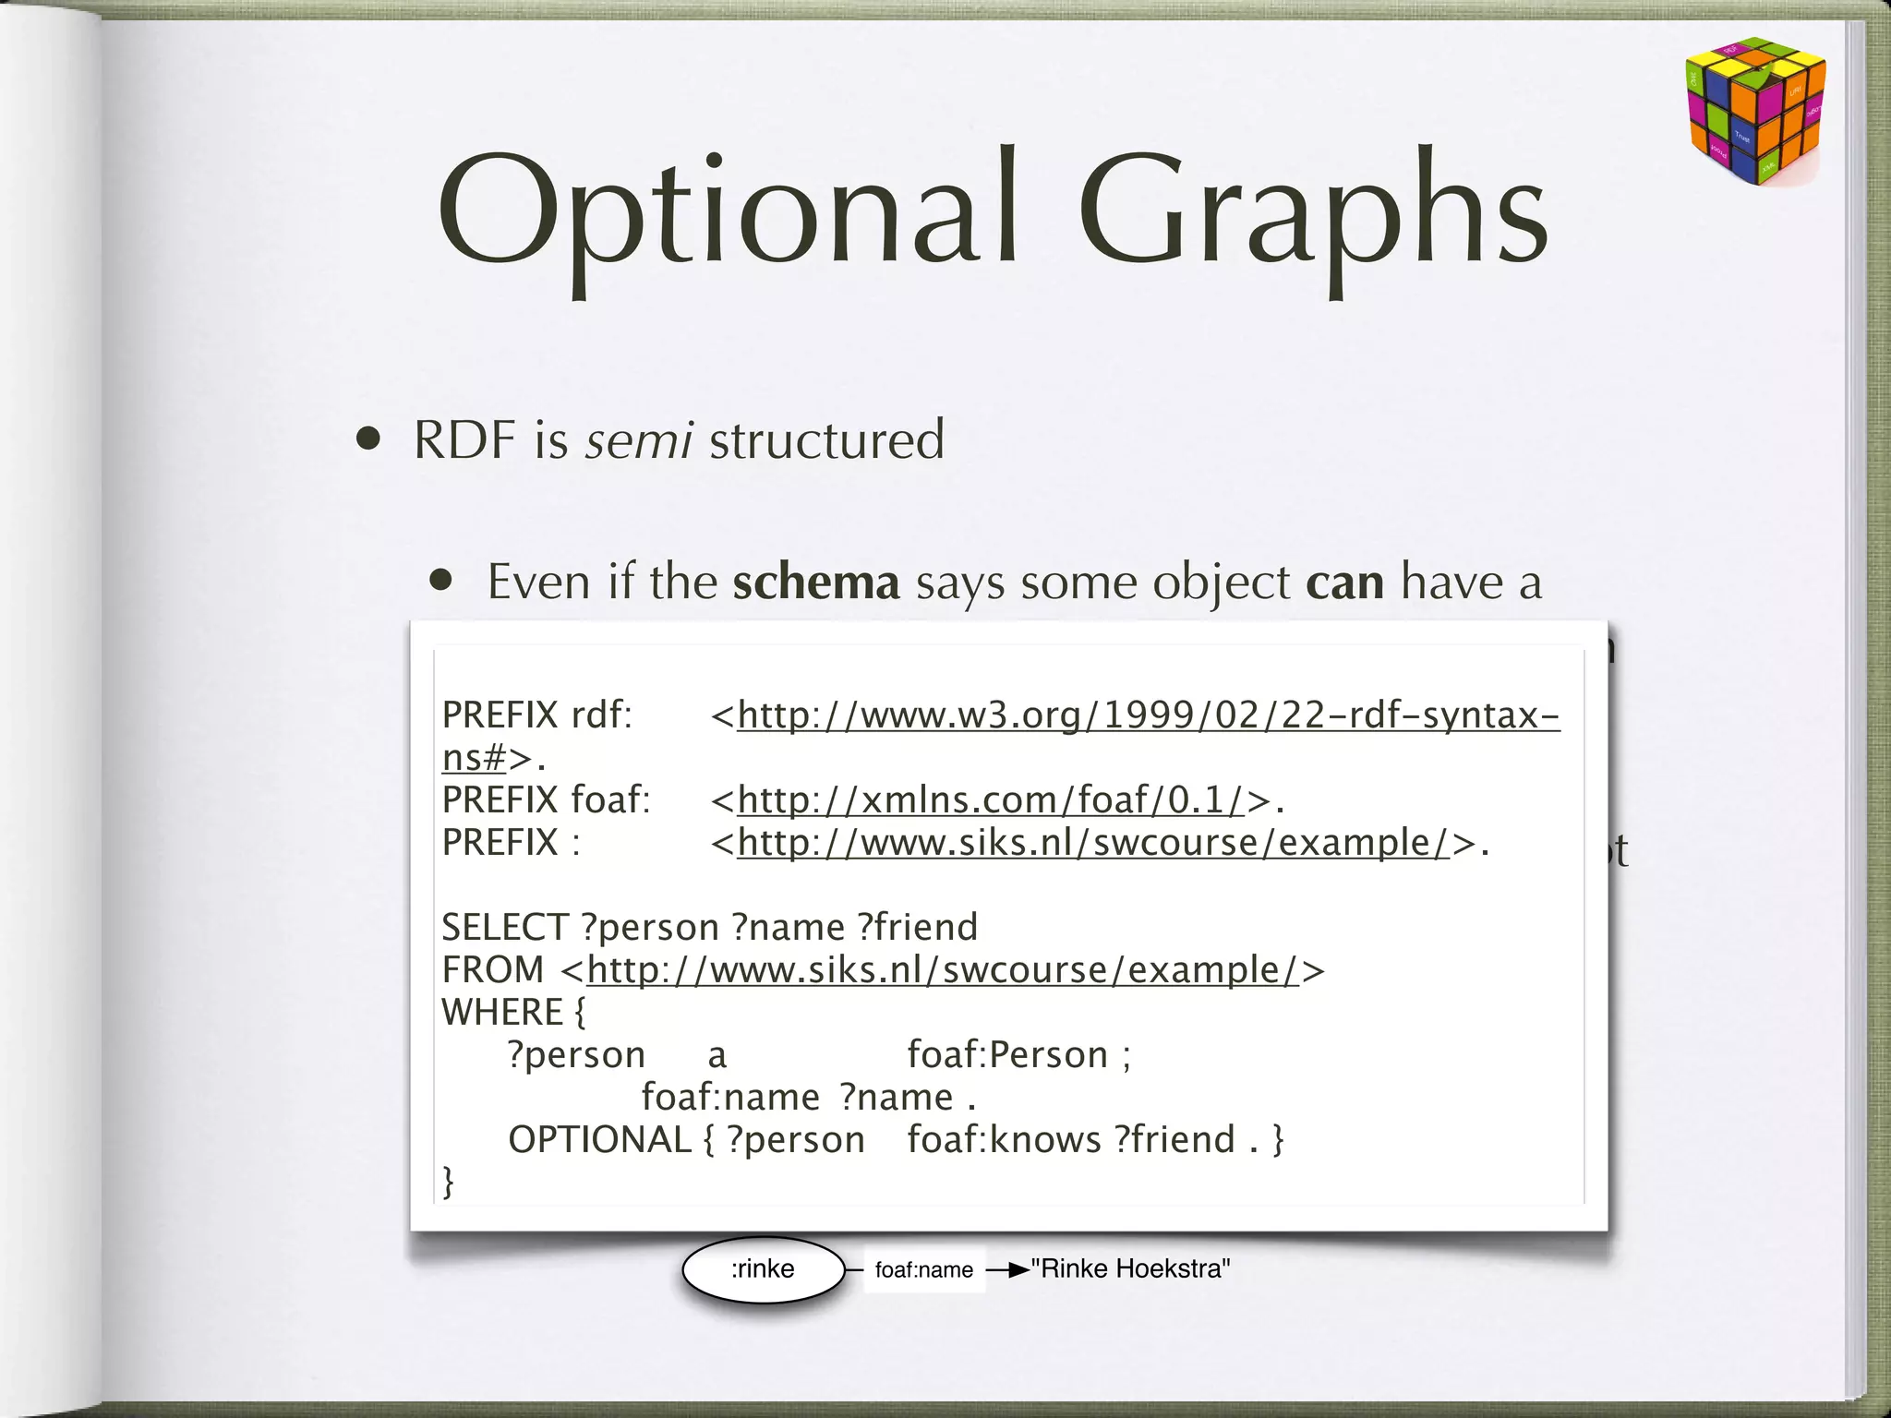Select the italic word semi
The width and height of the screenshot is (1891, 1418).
pyautogui.click(x=639, y=439)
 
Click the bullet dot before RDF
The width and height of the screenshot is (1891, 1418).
pyautogui.click(x=369, y=439)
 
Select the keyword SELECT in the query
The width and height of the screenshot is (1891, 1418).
pyautogui.click(x=504, y=927)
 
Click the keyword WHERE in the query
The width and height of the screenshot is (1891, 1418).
pyautogui.click(x=502, y=1013)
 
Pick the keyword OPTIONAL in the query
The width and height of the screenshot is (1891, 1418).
pyautogui.click(x=599, y=1140)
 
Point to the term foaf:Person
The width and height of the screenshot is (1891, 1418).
pyautogui.click(x=1007, y=1055)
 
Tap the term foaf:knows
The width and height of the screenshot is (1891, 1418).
pyautogui.click(x=1004, y=1140)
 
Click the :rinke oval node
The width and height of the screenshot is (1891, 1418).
pyautogui.click(x=763, y=1269)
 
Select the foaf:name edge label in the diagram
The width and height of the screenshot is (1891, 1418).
pyautogui.click(x=923, y=1270)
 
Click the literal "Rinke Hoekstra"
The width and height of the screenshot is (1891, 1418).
pyautogui.click(x=1130, y=1269)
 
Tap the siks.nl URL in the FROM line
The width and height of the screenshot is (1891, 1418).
pyautogui.click(x=943, y=970)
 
